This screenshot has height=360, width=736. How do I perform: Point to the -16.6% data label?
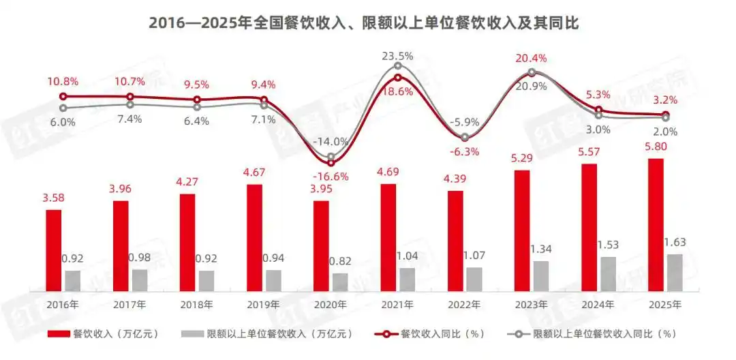pyautogui.click(x=332, y=177)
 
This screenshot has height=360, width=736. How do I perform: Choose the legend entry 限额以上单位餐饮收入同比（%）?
pyautogui.click(x=591, y=334)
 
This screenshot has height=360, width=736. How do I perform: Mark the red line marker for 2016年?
pyautogui.click(x=63, y=97)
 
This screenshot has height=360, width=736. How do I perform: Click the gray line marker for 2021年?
pyautogui.click(x=398, y=66)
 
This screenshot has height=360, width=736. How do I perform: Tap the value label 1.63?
pyautogui.click(x=675, y=243)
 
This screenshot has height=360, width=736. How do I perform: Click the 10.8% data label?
pyautogui.click(x=63, y=80)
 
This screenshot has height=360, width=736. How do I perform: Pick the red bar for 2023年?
pyautogui.click(x=522, y=231)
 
